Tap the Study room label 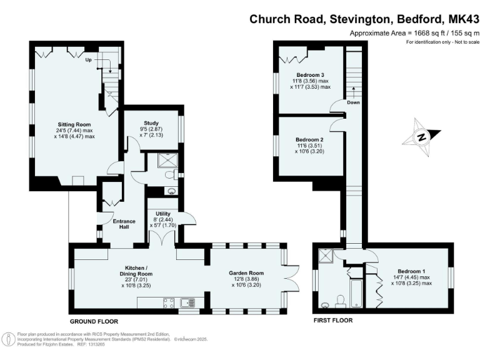(x=151, y=123)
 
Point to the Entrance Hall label (x=116, y=223)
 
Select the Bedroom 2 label (x=309, y=139)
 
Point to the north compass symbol (x=422, y=137)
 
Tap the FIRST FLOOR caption (x=332, y=320)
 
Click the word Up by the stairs (x=89, y=60)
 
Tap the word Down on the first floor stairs (x=354, y=102)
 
